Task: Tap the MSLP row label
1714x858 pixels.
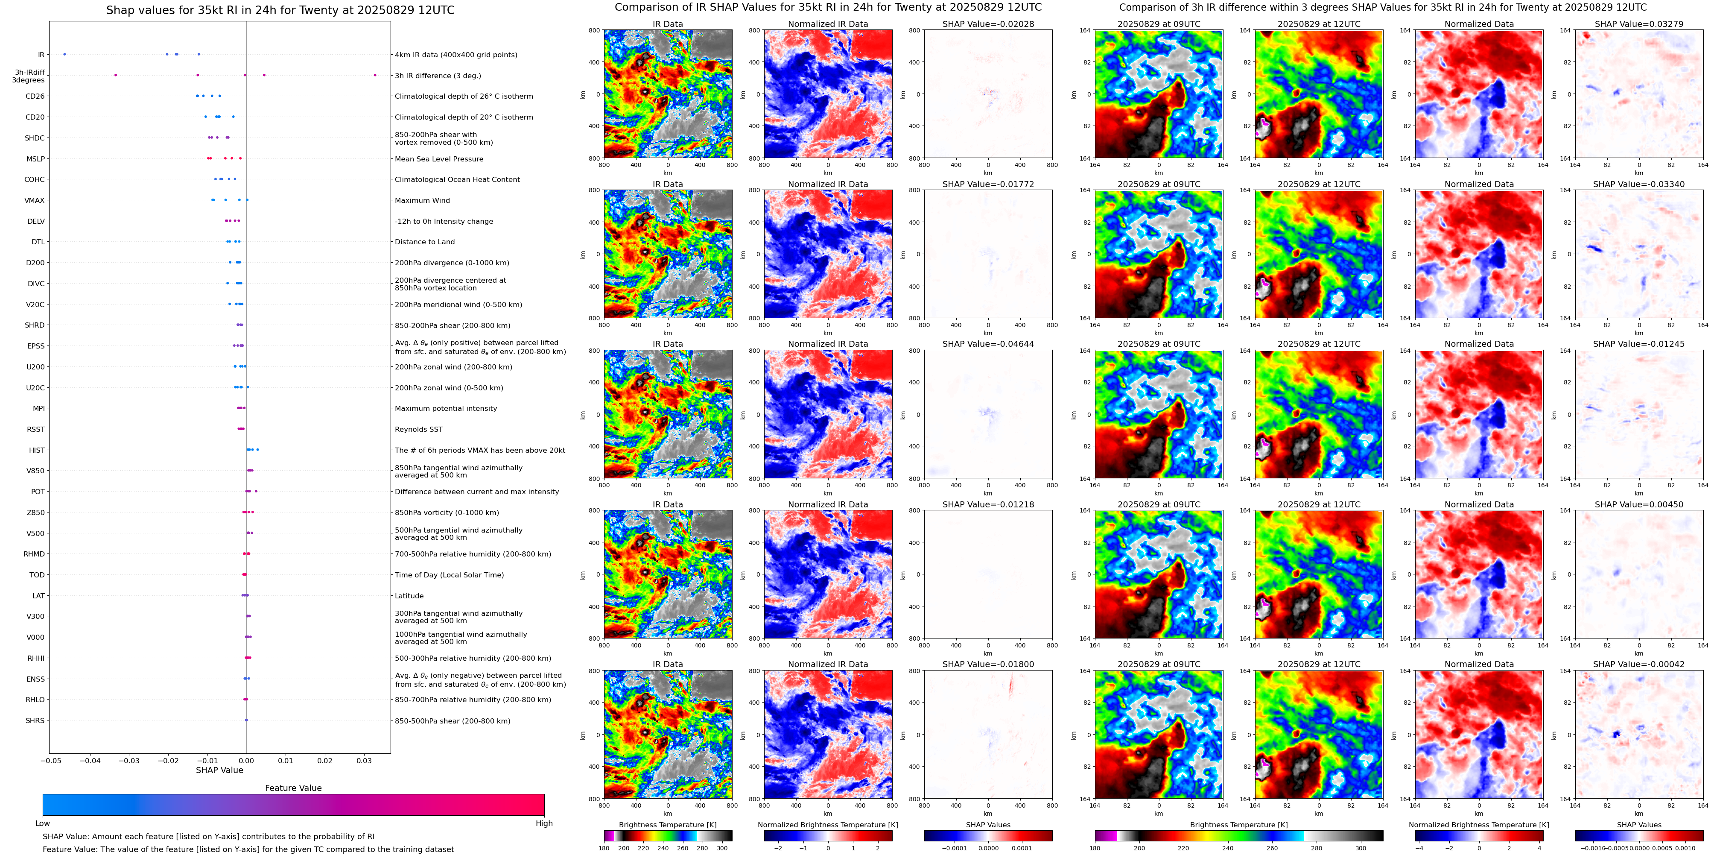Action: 35,159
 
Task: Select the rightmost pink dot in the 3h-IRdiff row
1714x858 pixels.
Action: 375,75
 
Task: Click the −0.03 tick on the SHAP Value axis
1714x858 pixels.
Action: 129,761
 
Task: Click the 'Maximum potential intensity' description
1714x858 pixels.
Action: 445,409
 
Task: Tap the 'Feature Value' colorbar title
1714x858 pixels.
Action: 293,788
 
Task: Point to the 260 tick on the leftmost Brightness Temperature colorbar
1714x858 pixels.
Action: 683,848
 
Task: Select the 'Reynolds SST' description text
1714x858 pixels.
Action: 418,429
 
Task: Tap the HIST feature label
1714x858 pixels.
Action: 37,451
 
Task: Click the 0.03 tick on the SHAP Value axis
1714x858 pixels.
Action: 364,761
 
